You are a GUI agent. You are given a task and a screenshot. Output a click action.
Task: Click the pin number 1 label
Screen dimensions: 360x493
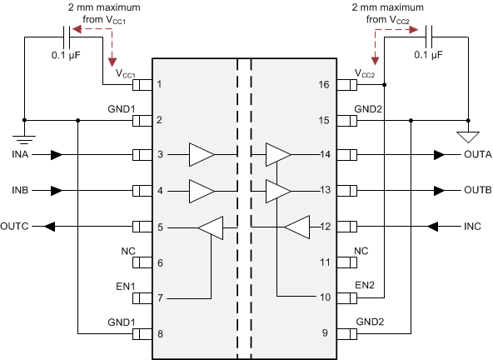159,85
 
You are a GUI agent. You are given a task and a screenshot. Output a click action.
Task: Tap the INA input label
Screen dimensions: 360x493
22,155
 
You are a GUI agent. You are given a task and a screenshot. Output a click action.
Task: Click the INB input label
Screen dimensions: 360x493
22,190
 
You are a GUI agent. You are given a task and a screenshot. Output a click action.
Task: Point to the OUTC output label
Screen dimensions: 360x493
17,226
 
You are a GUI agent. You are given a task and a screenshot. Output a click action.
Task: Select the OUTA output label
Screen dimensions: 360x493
477,155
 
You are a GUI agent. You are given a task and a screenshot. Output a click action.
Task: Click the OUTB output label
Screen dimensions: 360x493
477,190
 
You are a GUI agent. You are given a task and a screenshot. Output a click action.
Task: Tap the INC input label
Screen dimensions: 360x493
472,226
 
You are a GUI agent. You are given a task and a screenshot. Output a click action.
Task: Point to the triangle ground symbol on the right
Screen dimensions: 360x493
469,135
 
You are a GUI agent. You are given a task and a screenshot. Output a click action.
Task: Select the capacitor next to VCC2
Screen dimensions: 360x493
428,37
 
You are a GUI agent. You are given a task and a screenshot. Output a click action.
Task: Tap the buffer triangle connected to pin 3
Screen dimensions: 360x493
201,155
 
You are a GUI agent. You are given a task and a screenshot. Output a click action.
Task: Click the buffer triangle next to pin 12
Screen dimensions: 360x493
297,226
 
